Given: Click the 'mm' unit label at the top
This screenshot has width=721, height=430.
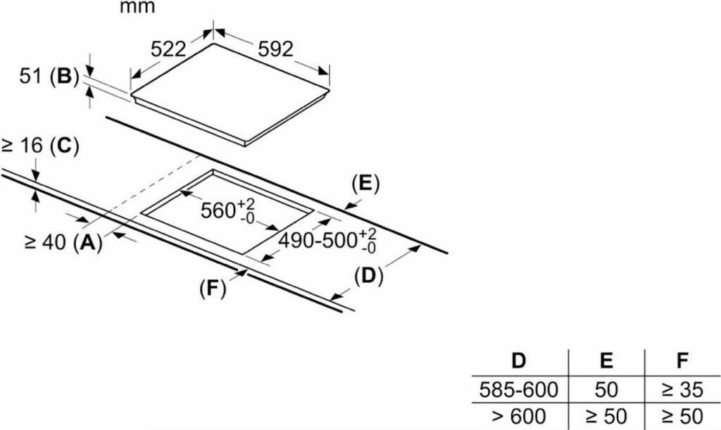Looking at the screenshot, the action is pyautogui.click(x=137, y=8).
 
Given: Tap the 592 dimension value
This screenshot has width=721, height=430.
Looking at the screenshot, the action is pyautogui.click(x=274, y=49).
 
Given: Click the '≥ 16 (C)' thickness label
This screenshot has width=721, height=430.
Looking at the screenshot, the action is pyautogui.click(x=40, y=146).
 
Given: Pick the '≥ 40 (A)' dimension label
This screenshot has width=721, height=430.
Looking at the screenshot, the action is pyautogui.click(x=63, y=242).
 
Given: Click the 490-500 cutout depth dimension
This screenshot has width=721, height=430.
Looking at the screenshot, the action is pyautogui.click(x=328, y=240).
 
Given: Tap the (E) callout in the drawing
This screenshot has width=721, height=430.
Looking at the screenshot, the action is pyautogui.click(x=365, y=184).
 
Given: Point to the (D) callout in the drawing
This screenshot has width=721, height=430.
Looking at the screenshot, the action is pyautogui.click(x=368, y=276).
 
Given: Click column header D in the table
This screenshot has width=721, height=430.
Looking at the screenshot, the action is pyautogui.click(x=519, y=362).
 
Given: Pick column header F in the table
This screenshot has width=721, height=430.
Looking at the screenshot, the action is pyautogui.click(x=682, y=362).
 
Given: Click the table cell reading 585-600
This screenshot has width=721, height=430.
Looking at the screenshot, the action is pyautogui.click(x=519, y=388).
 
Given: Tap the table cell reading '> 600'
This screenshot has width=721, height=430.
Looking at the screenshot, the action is pyautogui.click(x=519, y=415).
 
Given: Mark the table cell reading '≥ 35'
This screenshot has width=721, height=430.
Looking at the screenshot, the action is pyautogui.click(x=682, y=388).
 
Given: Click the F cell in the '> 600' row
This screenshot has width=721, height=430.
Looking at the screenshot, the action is pyautogui.click(x=682, y=415).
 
